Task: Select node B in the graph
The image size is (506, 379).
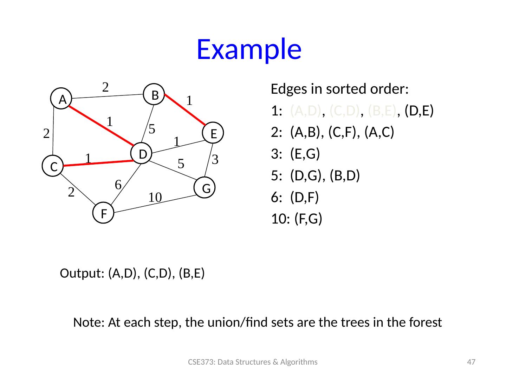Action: pos(155,94)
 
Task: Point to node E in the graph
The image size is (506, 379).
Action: pos(213,133)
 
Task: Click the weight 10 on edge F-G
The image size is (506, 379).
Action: pos(155,198)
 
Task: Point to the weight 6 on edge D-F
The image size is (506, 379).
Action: pos(118,184)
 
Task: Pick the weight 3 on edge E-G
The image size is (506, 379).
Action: pos(215,160)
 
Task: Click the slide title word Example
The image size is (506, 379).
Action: pos(249,49)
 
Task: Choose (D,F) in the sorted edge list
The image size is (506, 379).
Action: pos(304,197)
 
